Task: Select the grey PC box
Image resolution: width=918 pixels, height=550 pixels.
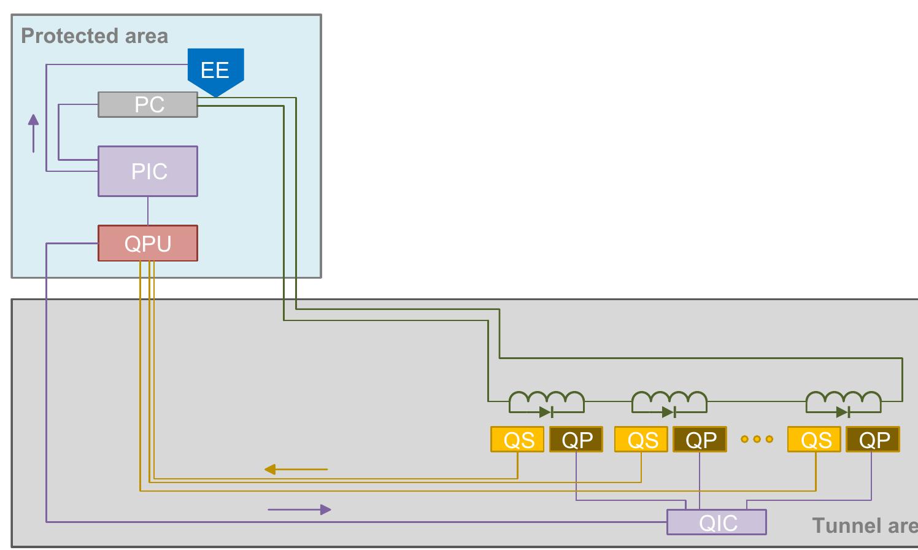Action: (148, 104)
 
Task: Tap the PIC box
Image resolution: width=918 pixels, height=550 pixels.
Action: (148, 171)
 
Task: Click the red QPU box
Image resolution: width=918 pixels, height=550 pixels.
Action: (148, 243)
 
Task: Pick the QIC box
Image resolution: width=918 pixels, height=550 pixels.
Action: (717, 522)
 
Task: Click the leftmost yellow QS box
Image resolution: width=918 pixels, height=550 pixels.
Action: (518, 440)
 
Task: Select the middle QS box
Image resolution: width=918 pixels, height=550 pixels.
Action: (641, 440)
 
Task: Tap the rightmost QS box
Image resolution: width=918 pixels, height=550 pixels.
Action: (814, 440)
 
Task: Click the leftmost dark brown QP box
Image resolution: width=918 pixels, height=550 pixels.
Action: (576, 440)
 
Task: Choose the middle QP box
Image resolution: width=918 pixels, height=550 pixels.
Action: (700, 440)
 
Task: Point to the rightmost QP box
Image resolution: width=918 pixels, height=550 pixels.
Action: (873, 440)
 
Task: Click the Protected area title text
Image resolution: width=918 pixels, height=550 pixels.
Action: (94, 36)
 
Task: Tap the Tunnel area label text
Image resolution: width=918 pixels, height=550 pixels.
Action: (865, 525)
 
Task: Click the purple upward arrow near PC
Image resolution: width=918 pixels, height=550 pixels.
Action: (33, 133)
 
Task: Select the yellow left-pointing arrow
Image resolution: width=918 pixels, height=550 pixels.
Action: (296, 469)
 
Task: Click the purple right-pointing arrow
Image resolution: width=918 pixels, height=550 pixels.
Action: (299, 509)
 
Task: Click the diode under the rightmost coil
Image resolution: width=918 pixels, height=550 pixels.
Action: (843, 412)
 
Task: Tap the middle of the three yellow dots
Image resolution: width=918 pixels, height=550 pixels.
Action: (757, 440)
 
